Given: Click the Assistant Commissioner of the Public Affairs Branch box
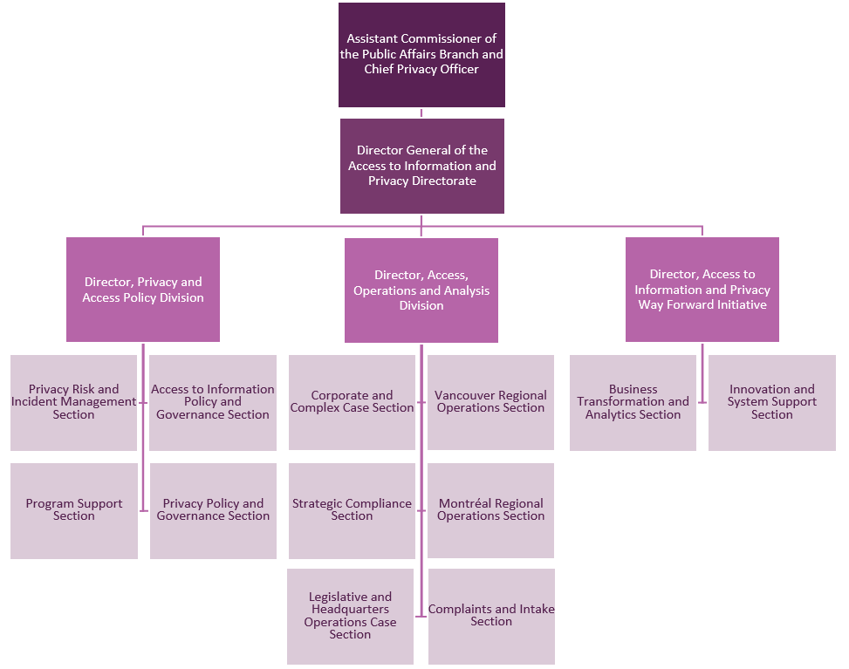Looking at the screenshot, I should coord(421,54).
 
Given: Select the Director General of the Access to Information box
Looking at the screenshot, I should coord(421,166).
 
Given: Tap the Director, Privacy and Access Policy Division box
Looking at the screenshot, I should coord(143,290).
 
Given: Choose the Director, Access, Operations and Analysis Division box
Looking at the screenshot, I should coord(421,290).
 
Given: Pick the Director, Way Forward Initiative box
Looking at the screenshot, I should coord(702,290).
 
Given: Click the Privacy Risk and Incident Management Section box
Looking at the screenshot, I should coord(73,402).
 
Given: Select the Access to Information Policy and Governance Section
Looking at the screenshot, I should coord(213,402).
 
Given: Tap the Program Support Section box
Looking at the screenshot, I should coord(74,510).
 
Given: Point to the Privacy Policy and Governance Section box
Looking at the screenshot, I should coord(213,510).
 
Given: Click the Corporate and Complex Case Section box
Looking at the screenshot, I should coord(352,402).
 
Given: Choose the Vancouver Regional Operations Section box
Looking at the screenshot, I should coord(491,402).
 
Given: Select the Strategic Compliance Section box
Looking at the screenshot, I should coord(352,510).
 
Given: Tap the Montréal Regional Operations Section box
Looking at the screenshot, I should coord(491,510).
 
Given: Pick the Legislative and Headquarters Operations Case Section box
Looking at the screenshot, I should coord(350,616).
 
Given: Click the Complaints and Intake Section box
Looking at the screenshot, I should coord(491,616).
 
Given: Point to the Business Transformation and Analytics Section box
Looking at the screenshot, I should coord(633,402).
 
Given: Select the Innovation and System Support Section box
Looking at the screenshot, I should coord(772,402).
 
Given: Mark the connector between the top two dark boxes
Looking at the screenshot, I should coord(421,113).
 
